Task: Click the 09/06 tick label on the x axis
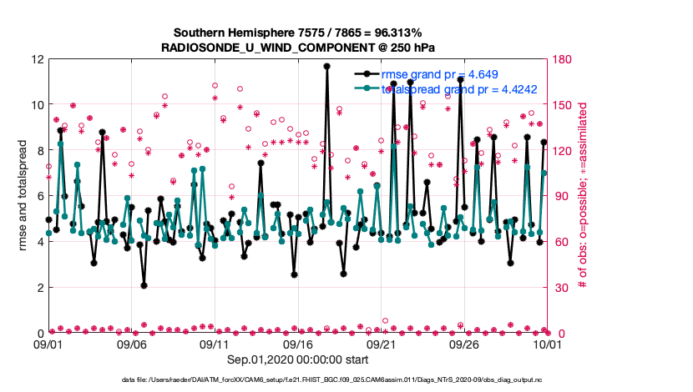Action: coord(132,344)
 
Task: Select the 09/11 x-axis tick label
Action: coord(215,344)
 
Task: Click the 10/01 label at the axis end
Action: coord(547,344)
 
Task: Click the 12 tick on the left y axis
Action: coord(38,59)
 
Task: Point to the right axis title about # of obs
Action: coord(582,196)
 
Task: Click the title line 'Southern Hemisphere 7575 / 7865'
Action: coord(298,33)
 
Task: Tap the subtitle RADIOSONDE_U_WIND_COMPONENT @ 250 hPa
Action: coord(298,48)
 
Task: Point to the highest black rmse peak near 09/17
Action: coord(326,66)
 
